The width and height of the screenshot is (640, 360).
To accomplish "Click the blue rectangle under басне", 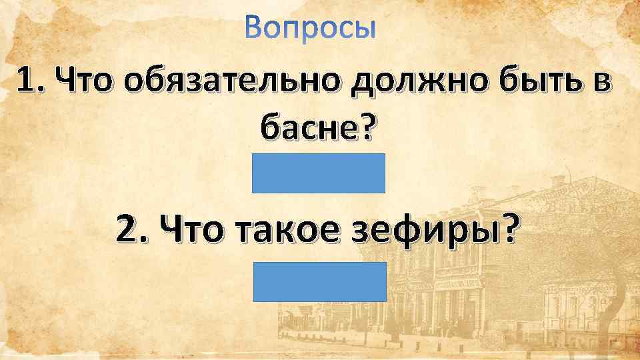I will pos(319,173).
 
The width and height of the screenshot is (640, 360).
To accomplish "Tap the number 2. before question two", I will pos(129,231).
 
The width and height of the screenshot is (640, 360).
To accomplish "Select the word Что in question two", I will pos(186,231).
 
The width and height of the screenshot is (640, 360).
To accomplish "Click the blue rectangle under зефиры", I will pos(319,281).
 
